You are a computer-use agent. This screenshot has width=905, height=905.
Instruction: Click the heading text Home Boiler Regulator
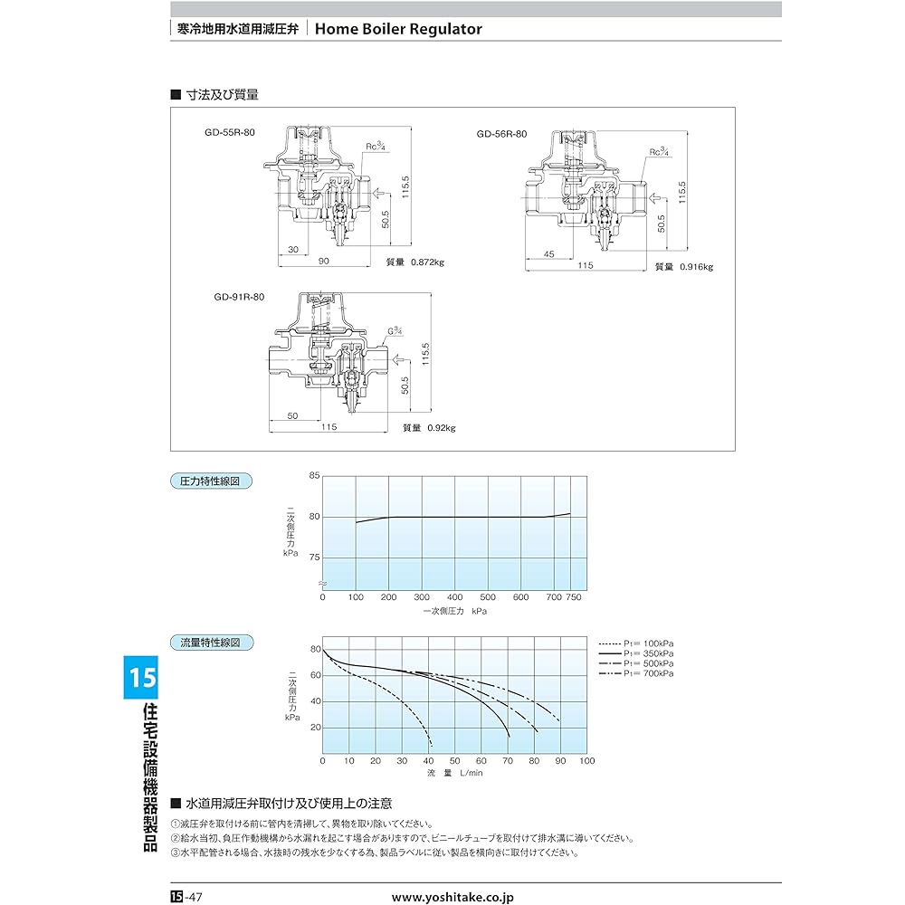pyautogui.click(x=399, y=29)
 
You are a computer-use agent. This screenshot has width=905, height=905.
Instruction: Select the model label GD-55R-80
pyautogui.click(x=230, y=132)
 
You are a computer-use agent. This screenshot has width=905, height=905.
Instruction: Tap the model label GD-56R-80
pyautogui.click(x=502, y=134)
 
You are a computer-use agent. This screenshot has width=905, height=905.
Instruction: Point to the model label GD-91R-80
pyautogui.click(x=240, y=297)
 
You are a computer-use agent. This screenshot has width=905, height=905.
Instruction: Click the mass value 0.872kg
pyautogui.click(x=425, y=262)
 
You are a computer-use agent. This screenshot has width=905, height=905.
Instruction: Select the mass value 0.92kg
pyautogui.click(x=441, y=427)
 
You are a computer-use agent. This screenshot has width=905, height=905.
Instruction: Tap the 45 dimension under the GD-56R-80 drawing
pyautogui.click(x=549, y=254)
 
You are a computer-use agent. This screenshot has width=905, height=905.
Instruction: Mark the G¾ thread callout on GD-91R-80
pyautogui.click(x=396, y=331)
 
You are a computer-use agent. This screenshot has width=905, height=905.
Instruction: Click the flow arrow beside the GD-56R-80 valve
pyautogui.click(x=662, y=194)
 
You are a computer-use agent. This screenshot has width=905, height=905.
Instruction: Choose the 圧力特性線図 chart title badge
pyautogui.click(x=211, y=481)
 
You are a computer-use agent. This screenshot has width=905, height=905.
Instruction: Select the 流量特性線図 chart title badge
pyautogui.click(x=211, y=643)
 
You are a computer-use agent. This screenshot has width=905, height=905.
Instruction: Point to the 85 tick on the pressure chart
pyautogui.click(x=314, y=476)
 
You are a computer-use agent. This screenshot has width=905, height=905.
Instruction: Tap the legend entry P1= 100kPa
pyautogui.click(x=648, y=643)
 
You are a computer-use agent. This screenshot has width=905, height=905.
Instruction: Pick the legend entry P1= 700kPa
pyautogui.click(x=648, y=673)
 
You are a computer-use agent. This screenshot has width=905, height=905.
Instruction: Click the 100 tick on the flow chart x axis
pyautogui.click(x=587, y=761)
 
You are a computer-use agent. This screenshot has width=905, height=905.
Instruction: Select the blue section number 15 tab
pyautogui.click(x=141, y=677)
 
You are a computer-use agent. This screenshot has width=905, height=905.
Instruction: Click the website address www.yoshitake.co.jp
pyautogui.click(x=452, y=897)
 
